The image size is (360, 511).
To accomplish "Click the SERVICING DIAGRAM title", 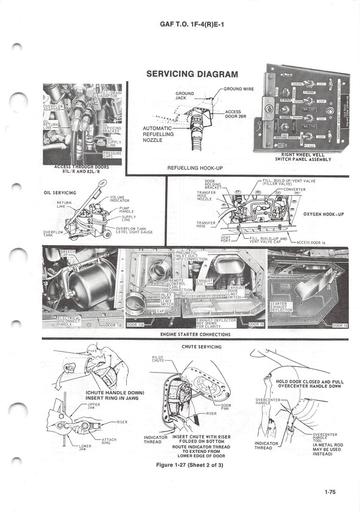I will pos(192,74).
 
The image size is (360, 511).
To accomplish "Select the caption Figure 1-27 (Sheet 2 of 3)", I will pos(192,464).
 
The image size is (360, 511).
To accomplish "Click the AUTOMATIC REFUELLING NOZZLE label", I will pos(159,134).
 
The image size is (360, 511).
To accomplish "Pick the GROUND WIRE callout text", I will pos(239,89).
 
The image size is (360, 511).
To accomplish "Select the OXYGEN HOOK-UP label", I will pos(324,214).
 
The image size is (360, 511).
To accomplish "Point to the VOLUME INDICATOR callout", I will pos(120,199).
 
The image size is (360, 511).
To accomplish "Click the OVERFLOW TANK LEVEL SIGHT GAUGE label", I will pos(134,230).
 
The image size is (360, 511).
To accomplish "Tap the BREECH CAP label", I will pos(67,253).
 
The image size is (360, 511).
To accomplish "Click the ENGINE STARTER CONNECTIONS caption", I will pos(195,335).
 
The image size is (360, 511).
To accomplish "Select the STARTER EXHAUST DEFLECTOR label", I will pos(281,307).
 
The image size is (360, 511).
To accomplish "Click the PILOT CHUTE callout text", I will pos(158,359).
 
